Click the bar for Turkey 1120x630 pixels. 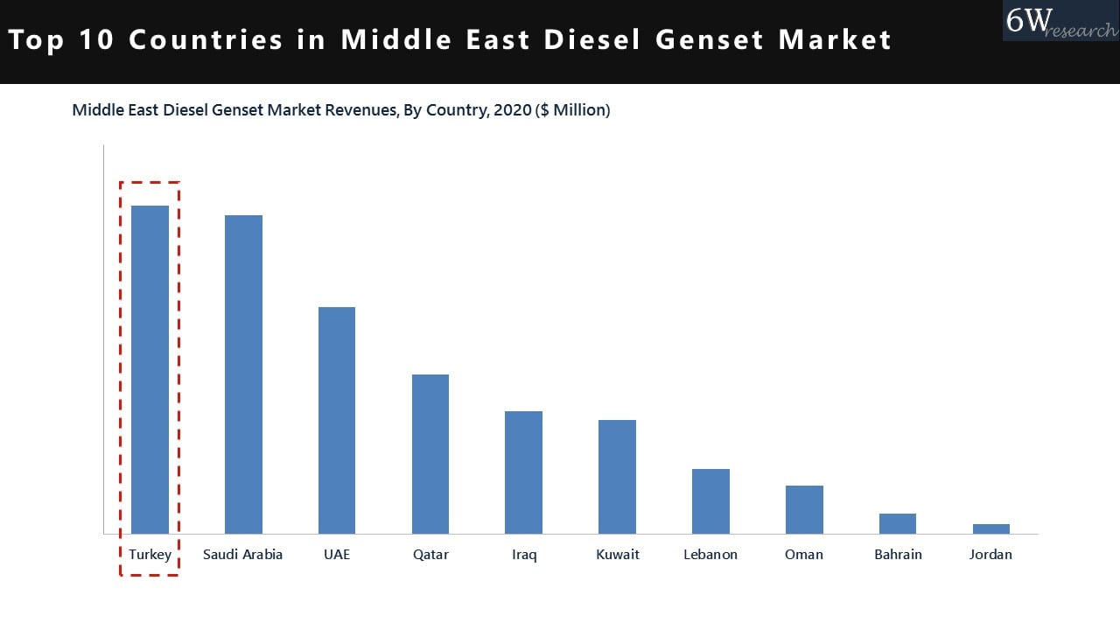tap(150, 369)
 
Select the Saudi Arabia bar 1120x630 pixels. tap(243, 374)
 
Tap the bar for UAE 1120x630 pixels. tap(337, 420)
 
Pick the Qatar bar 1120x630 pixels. tap(430, 454)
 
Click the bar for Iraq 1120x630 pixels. tap(523, 472)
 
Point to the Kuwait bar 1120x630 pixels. tap(617, 477)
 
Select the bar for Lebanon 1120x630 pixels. tap(710, 501)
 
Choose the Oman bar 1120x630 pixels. tap(804, 509)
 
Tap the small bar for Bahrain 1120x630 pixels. tap(898, 523)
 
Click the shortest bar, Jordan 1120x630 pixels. tap(991, 528)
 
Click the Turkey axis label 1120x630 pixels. tap(150, 555)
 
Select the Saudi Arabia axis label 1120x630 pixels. tap(243, 555)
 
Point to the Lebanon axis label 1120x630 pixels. tap(710, 555)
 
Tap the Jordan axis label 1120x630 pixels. tap(990, 555)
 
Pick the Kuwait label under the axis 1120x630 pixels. tap(618, 555)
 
